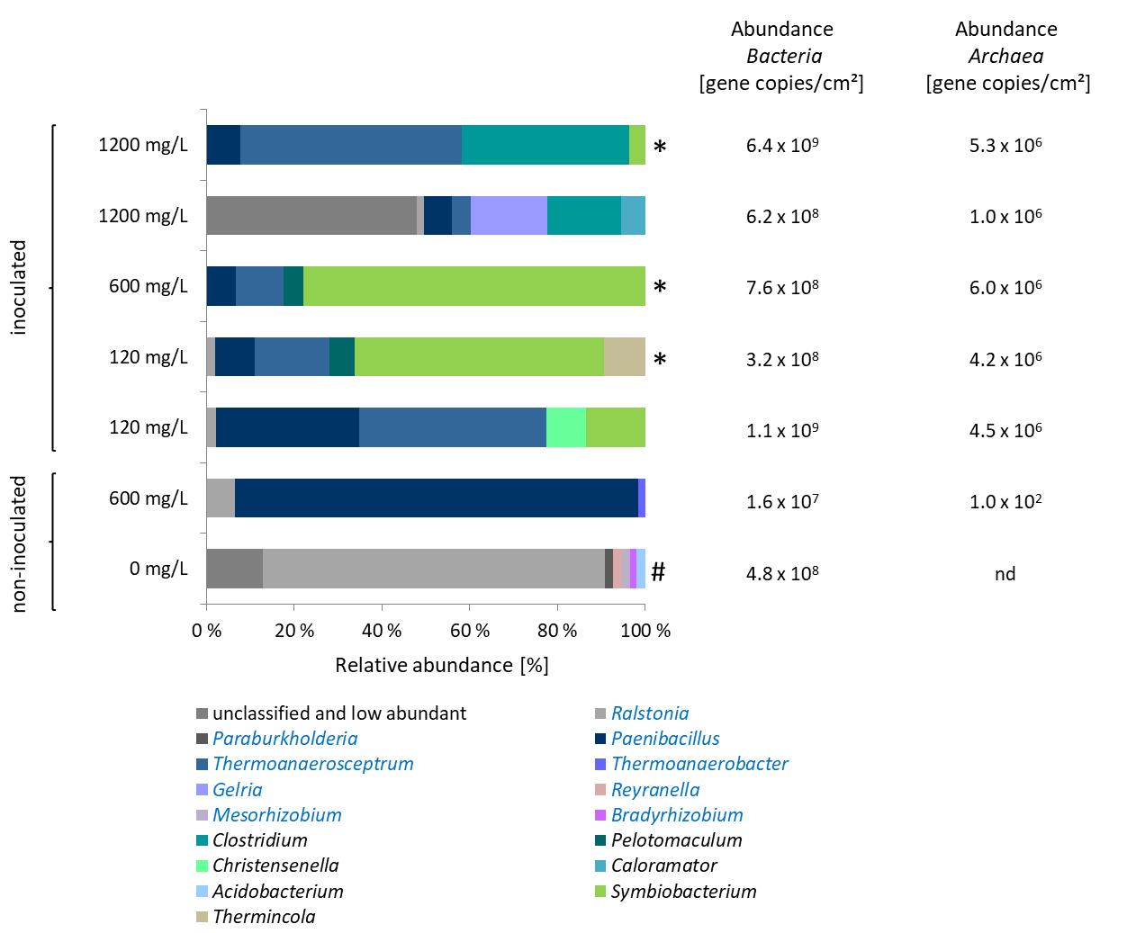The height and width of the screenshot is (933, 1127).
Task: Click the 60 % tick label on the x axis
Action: click(470, 631)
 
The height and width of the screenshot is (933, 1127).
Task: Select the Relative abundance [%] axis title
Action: click(442, 666)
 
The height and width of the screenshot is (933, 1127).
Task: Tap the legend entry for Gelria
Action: click(237, 790)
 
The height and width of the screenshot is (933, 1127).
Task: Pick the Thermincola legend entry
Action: click(264, 917)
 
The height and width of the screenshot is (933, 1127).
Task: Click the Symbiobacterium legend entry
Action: click(683, 892)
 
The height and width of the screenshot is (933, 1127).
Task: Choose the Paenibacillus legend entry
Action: click(665, 739)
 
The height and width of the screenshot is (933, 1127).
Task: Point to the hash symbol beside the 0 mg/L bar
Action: click(658, 571)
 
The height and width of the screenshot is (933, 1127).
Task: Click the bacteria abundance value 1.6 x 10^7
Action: click(782, 501)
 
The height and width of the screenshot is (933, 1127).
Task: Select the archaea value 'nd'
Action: click(1005, 574)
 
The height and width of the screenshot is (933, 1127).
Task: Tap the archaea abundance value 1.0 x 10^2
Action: click(1005, 501)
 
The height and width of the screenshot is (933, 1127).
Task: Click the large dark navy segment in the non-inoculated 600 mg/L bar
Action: click(436, 498)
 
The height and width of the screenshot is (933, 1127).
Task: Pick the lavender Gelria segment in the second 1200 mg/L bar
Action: click(509, 216)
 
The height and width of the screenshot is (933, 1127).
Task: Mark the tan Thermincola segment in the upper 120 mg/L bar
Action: click(624, 356)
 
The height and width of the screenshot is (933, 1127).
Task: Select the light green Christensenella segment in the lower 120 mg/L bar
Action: click(565, 427)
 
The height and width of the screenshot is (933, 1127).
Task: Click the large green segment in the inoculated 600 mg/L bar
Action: click(474, 286)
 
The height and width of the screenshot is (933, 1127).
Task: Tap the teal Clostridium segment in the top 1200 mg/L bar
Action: click(545, 145)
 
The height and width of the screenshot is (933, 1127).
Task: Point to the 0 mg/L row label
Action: click(158, 569)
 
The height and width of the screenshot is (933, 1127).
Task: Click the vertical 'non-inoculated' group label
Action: click(20, 544)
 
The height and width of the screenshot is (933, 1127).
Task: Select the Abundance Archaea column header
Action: click(1006, 56)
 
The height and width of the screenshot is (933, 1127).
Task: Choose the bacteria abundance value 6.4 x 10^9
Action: click(782, 145)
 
